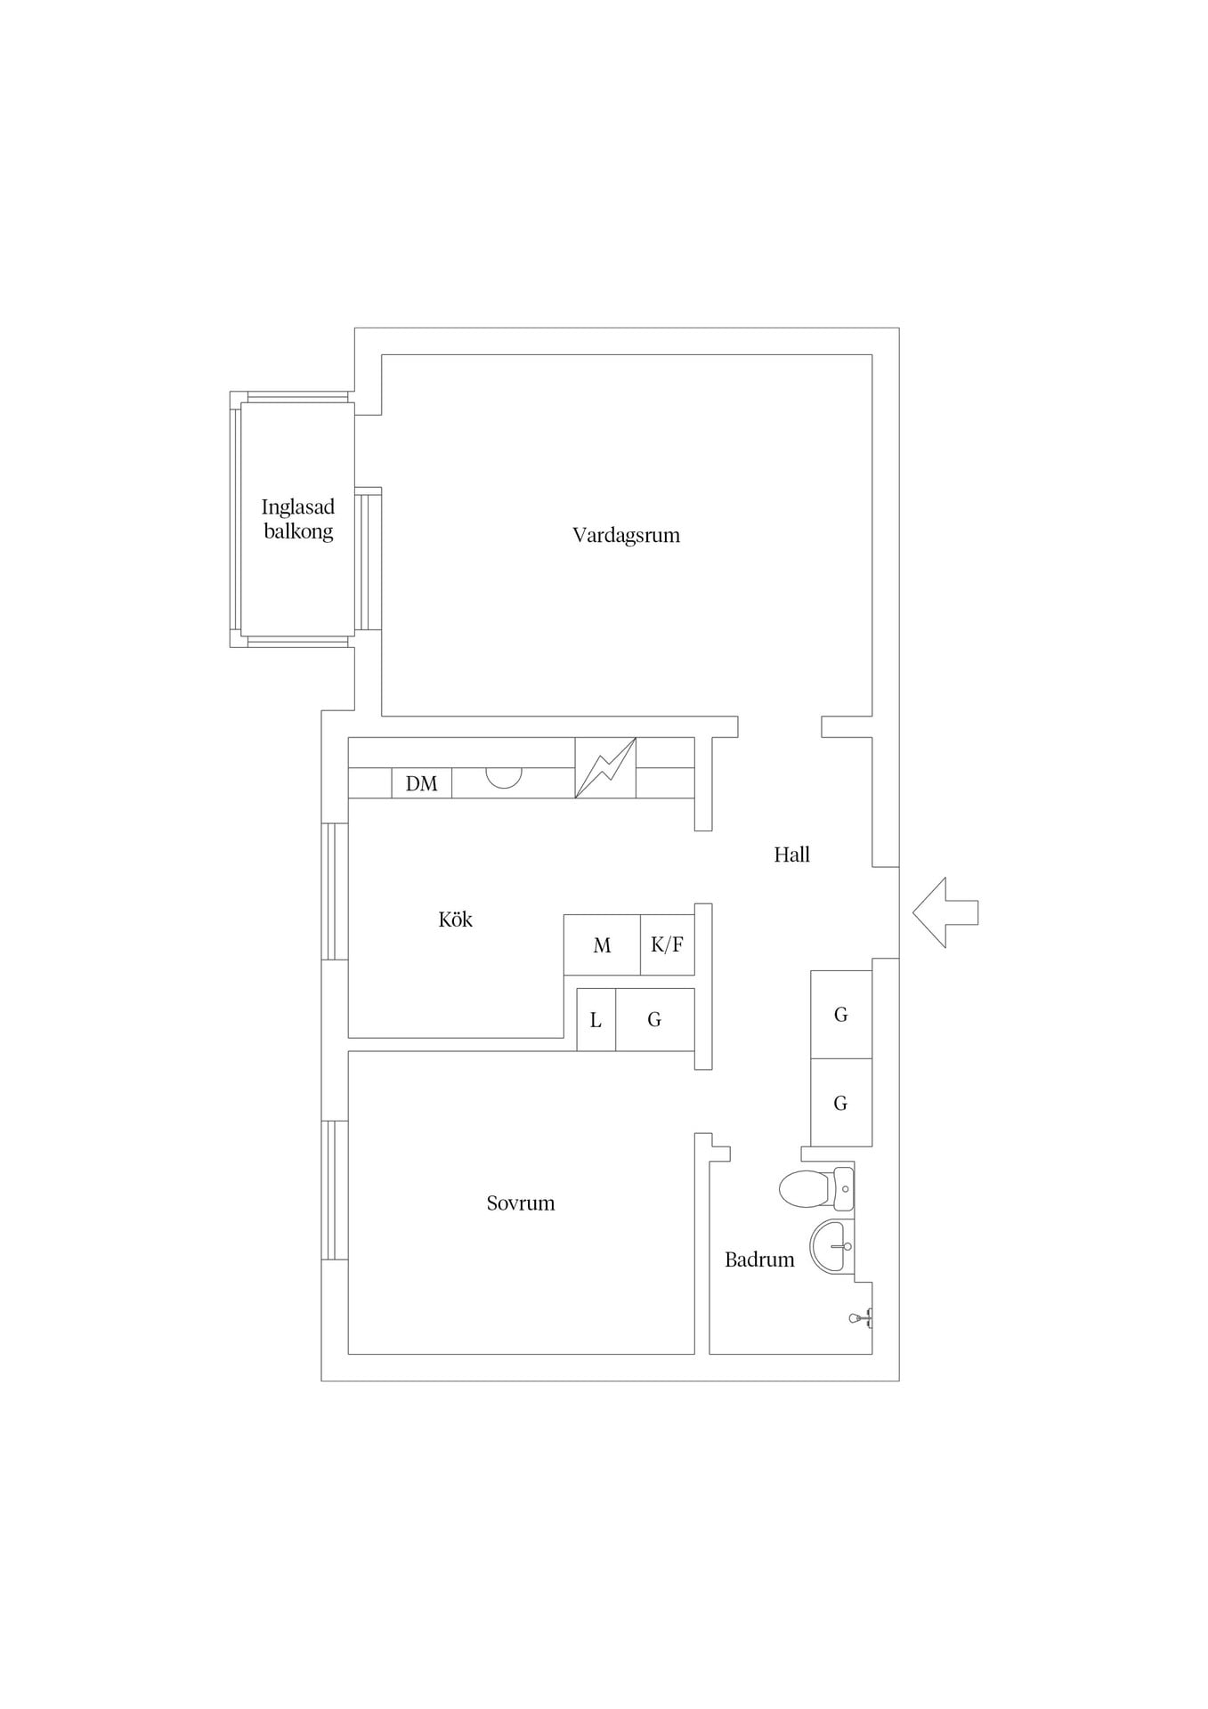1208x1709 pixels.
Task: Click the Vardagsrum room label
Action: [626, 535]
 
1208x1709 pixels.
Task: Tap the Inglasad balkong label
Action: [298, 519]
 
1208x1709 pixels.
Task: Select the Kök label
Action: [455, 919]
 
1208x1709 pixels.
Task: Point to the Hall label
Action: [791, 854]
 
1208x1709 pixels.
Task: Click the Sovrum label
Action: [521, 1203]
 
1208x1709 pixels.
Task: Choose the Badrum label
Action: [759, 1259]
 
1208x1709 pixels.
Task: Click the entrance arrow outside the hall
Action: [945, 912]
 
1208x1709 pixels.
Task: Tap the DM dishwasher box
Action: [422, 783]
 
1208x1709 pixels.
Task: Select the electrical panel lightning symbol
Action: [605, 767]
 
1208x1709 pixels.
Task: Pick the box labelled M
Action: [603, 944]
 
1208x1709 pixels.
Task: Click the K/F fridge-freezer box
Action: [668, 944]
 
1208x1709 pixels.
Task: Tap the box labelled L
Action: [596, 1020]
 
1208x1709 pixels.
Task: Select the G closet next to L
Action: [655, 1020]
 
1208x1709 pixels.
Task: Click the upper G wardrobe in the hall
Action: [841, 1015]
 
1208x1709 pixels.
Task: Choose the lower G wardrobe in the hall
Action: [841, 1103]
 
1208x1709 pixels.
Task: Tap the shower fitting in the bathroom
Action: [861, 1318]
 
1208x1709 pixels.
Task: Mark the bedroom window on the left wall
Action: [335, 1190]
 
